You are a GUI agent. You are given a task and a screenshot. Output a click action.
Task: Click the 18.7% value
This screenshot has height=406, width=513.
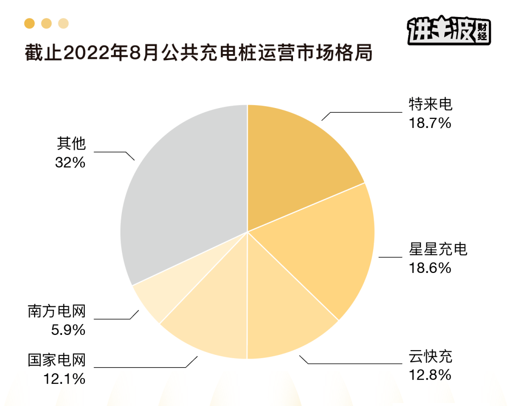click(x=430, y=123)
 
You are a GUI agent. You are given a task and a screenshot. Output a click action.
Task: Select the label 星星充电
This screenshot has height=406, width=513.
click(x=438, y=249)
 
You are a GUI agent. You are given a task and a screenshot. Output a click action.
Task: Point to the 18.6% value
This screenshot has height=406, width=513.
click(x=430, y=268)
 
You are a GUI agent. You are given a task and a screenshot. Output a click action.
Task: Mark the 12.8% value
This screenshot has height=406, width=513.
click(x=430, y=376)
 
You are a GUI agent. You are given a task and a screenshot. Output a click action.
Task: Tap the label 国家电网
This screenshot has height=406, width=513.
click(x=56, y=360)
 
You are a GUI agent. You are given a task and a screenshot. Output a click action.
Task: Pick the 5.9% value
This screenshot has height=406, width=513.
click(x=68, y=330)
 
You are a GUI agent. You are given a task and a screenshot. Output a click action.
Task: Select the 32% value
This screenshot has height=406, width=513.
click(x=70, y=162)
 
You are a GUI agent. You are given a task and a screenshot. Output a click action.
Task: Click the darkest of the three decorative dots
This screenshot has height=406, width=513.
click(x=29, y=23)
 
